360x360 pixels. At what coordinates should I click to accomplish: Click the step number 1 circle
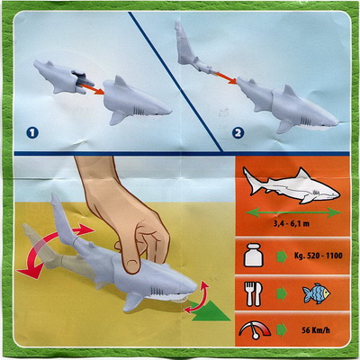32,132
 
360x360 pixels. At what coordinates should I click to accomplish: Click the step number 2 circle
238,133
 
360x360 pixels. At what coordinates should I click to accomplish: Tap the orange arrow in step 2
225,77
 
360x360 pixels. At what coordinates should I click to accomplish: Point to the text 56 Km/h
316,330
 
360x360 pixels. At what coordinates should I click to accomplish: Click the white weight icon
254,256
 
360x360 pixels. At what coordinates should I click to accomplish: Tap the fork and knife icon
254,293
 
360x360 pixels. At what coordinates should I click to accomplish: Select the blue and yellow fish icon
316,293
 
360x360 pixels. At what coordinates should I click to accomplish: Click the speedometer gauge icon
255,330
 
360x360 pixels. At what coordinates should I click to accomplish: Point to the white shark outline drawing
292,186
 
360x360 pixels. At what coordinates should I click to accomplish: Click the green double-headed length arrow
293,212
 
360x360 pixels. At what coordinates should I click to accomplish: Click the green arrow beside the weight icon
282,257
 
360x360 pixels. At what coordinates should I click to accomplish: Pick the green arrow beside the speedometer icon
282,329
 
